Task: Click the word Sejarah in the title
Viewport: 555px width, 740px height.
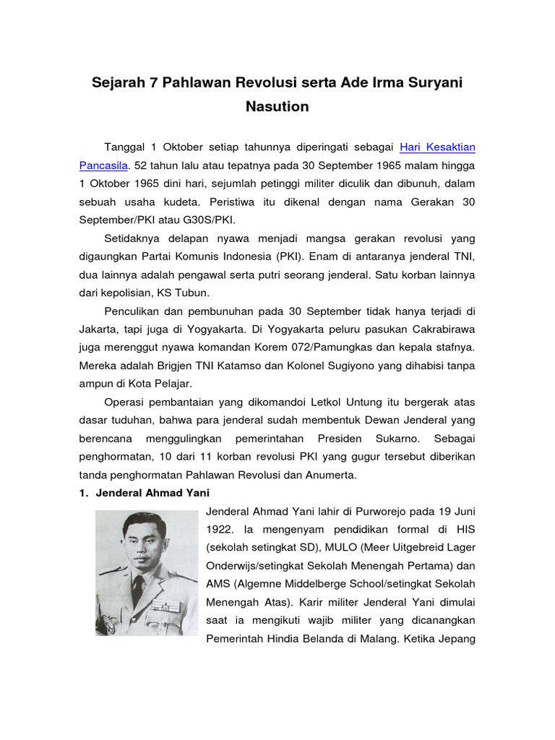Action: [x=117, y=83]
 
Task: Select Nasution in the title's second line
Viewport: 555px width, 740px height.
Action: [x=277, y=107]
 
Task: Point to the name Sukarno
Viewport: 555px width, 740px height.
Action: [x=395, y=439]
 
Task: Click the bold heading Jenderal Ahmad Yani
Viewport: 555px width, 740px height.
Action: [x=150, y=493]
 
